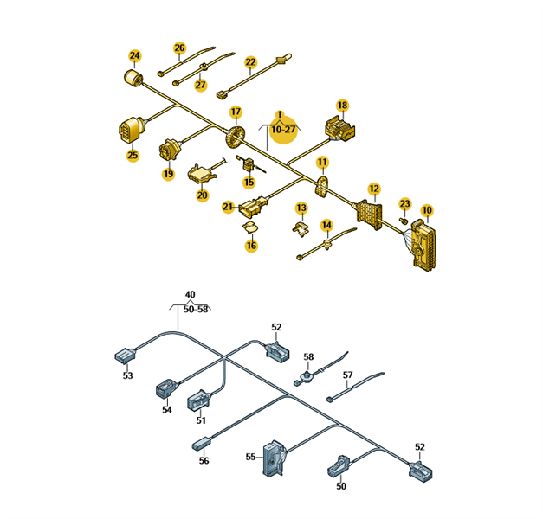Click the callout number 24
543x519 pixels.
[x=134, y=55]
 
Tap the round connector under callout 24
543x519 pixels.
[x=133, y=77]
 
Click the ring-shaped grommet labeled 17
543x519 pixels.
[x=235, y=137]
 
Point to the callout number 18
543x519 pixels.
[x=342, y=106]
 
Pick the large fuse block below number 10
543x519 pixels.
[x=423, y=245]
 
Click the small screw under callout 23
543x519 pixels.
[x=403, y=220]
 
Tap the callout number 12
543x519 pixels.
[x=374, y=189]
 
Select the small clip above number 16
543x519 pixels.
[x=250, y=227]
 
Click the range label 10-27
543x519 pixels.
[x=283, y=130]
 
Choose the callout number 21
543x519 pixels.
[x=228, y=207]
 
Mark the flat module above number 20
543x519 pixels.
[x=201, y=173]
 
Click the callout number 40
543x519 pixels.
[x=191, y=295]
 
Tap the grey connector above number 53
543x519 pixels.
[x=125, y=356]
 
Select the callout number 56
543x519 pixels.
[x=204, y=460]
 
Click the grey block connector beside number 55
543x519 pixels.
[x=274, y=458]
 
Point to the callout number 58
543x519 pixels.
[x=308, y=356]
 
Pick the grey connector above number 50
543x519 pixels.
[x=339, y=466]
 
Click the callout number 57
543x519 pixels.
[x=347, y=375]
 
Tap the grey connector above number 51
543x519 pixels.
[x=198, y=400]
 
